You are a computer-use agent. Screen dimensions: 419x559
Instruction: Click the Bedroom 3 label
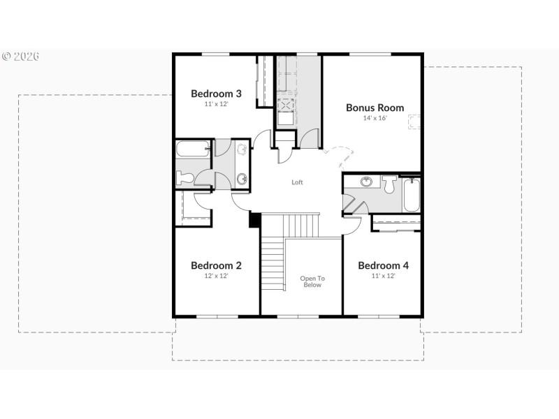coord(216,93)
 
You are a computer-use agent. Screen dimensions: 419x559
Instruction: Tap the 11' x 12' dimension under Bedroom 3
coord(216,103)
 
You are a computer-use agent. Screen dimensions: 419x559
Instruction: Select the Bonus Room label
coord(375,108)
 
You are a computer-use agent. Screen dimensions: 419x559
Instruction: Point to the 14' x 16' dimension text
coord(375,118)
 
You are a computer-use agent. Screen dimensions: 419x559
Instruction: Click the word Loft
coord(298,182)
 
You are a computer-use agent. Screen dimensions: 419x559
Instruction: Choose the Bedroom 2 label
coord(216,265)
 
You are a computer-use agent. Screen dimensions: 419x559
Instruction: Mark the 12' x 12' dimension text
coord(216,276)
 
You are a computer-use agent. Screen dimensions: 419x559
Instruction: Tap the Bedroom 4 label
coord(383,265)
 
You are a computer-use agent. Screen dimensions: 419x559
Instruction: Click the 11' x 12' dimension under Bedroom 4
coord(383,276)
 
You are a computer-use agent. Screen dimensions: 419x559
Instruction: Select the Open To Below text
coord(312,281)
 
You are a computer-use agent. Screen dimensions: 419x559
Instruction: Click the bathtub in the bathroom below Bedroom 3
coord(193,148)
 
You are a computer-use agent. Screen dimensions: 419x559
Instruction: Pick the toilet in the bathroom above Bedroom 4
coord(389,184)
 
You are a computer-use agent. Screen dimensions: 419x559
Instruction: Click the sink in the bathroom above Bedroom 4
coord(366,182)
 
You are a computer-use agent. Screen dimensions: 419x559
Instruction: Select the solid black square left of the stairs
coord(255,219)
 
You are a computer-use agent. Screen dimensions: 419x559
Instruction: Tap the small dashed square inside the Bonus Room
coord(414,122)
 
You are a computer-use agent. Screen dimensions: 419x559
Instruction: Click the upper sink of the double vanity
coord(242,149)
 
